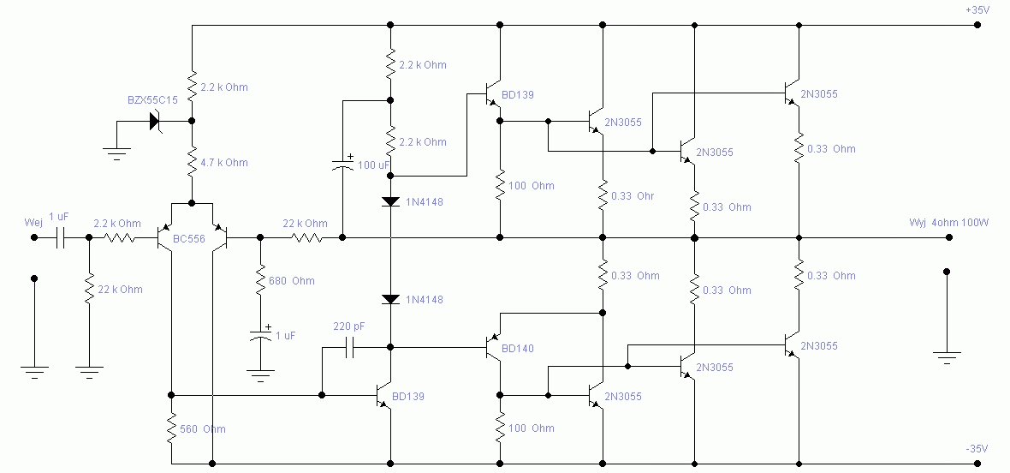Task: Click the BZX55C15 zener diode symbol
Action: pos(155,121)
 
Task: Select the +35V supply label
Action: pos(977,9)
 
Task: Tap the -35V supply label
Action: pos(977,448)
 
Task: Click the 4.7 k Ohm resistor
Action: pos(192,162)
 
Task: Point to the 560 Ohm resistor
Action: pos(171,428)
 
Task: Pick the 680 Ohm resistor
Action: pos(260,281)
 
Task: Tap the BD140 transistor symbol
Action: pos(492,347)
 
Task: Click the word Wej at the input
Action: pos(33,222)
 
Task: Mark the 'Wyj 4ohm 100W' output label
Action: pos(949,223)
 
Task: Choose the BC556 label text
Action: pos(188,239)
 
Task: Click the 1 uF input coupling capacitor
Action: pos(61,237)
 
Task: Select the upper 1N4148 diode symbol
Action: pos(390,201)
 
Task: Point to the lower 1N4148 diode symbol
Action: pos(390,299)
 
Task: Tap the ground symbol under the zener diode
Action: pos(116,153)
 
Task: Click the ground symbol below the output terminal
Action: pos(946,357)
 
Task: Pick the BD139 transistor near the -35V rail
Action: pos(384,395)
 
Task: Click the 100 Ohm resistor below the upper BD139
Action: pos(499,186)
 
